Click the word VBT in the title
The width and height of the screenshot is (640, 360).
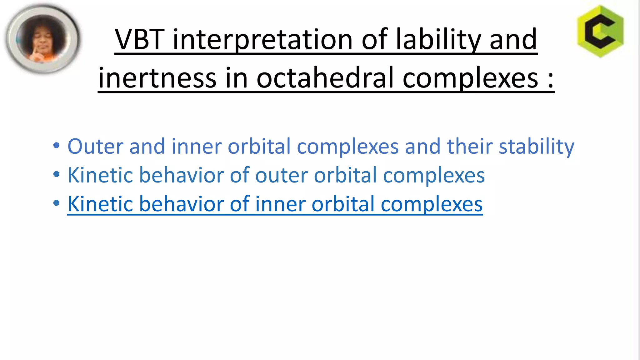[x=139, y=39]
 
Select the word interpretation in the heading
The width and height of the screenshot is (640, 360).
[x=263, y=40]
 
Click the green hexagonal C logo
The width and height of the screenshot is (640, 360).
[x=600, y=32]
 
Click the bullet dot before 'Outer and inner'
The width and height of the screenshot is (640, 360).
[x=56, y=145]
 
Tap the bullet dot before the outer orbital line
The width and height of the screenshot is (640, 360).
[x=56, y=174]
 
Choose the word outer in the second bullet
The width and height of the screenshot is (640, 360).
[x=281, y=175]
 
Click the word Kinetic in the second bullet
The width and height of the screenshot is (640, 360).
[x=100, y=175]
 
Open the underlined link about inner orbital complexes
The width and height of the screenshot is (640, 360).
[x=275, y=204]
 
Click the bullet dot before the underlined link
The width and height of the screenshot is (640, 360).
[x=56, y=203]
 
